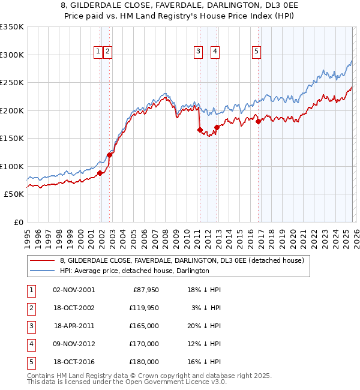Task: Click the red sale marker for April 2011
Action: click(x=199, y=130)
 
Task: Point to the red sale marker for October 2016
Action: click(x=258, y=121)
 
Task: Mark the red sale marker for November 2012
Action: click(x=216, y=127)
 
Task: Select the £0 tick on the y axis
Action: click(x=18, y=223)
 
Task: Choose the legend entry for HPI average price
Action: click(x=134, y=271)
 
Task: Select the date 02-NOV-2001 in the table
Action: click(x=73, y=290)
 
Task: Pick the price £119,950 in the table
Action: click(x=144, y=308)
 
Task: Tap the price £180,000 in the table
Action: click(x=144, y=362)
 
